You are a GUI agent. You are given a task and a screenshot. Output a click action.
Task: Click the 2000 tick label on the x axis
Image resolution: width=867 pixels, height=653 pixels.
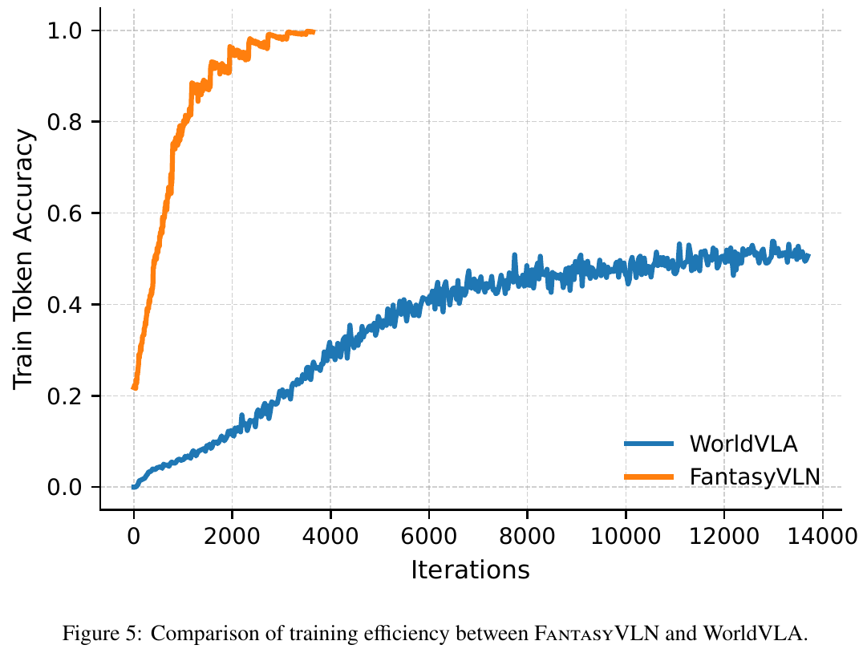232,533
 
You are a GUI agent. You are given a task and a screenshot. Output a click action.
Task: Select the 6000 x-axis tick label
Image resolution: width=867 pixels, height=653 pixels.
428,533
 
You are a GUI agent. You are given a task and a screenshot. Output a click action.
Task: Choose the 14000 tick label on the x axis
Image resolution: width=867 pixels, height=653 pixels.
821,533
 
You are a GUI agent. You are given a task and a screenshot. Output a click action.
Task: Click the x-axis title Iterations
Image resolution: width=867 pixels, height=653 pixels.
470,570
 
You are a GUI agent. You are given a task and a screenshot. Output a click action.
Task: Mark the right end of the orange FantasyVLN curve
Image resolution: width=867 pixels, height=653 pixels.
314,31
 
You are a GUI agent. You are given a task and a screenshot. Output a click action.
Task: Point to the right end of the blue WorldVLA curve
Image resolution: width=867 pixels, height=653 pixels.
808,256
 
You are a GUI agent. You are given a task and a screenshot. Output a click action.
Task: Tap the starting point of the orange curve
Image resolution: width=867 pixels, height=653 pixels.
134,387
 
